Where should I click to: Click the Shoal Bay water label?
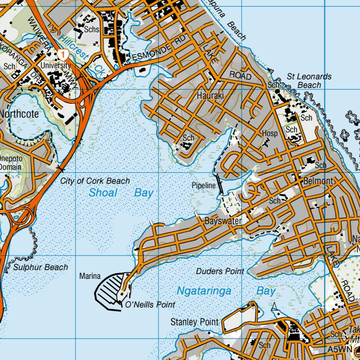pos(121,193)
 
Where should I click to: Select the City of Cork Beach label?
pos(95,181)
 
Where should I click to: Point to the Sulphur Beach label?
pos(40,268)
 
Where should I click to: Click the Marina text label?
pos(90,276)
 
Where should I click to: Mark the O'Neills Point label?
pos(150,305)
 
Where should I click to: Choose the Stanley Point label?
pos(194,322)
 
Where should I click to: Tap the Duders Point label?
pos(220,271)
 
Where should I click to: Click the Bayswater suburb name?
pos(223,221)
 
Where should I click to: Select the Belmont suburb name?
pos(318,181)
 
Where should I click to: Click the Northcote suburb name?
pos(19,114)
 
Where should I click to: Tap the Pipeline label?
pos(204,185)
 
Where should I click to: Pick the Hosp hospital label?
pos(270,134)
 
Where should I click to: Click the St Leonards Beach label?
pos(309,81)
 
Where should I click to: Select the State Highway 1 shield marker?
pos(63,54)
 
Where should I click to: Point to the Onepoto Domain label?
pos(11,163)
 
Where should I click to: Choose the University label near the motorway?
pos(56,65)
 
